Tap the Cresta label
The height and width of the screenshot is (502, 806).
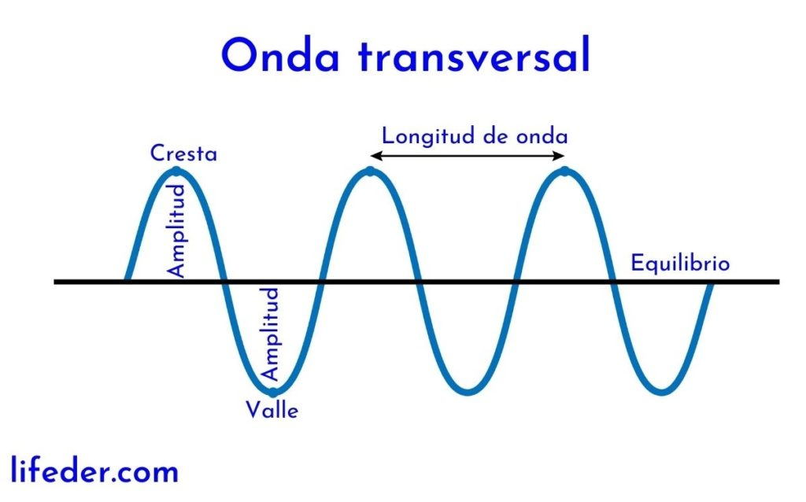pos(183,153)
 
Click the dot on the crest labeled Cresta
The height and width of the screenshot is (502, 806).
pos(176,171)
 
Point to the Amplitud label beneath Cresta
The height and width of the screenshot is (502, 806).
pos(177,231)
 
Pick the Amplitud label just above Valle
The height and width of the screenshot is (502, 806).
pos(270,334)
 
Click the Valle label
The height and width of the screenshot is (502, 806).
pos(272,410)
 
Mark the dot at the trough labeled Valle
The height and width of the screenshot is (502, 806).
pos(272,391)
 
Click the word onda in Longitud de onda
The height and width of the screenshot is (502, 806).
pos(542,135)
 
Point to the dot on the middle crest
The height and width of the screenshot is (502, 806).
pos(370,171)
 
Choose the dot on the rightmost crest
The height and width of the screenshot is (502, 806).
pos(565,171)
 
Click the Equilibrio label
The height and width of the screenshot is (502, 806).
pos(680,263)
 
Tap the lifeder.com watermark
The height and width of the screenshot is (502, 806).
pos(95,472)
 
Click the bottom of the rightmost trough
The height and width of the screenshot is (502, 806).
pos(663,391)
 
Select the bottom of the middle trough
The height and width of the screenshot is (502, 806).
pos(468,391)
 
